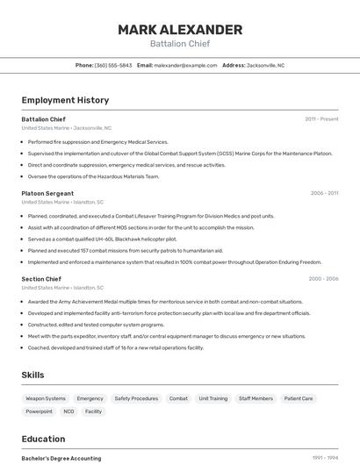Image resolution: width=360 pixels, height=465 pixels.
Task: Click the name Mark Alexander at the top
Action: pyautogui.click(x=180, y=30)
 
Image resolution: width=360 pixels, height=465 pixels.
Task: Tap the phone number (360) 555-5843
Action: pyautogui.click(x=113, y=65)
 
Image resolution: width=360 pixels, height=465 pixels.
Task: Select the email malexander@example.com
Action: pyautogui.click(x=185, y=65)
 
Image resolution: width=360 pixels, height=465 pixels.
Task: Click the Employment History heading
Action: pyautogui.click(x=65, y=100)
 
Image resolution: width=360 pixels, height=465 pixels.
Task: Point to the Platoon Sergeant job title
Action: pyautogui.click(x=47, y=193)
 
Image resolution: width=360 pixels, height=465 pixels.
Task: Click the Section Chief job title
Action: pyautogui.click(x=41, y=278)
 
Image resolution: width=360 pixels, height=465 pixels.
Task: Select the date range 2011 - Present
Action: pyautogui.click(x=321, y=118)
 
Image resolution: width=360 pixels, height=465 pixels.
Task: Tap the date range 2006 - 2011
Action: pyautogui.click(x=324, y=193)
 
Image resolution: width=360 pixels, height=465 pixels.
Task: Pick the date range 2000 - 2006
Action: pyautogui.click(x=323, y=278)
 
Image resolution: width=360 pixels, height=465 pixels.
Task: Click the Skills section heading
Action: pyautogui.click(x=32, y=375)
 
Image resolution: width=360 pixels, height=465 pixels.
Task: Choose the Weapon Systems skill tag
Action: pyautogui.click(x=46, y=398)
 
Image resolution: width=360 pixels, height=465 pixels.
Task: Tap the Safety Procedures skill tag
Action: pyautogui.click(x=136, y=398)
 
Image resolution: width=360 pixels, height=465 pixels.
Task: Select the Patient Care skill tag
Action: pyautogui.click(x=299, y=398)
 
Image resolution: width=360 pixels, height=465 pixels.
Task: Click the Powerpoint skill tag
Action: pyautogui.click(x=39, y=411)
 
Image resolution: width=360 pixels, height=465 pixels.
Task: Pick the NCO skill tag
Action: pyautogui.click(x=68, y=411)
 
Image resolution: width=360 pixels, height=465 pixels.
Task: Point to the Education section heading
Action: pyautogui.click(x=44, y=438)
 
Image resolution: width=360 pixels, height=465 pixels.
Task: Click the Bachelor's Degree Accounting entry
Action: pyautogui.click(x=61, y=458)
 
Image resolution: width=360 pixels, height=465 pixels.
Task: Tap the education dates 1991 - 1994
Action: pyautogui.click(x=325, y=458)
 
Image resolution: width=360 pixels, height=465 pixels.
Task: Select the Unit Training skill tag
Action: pyautogui.click(x=212, y=398)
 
